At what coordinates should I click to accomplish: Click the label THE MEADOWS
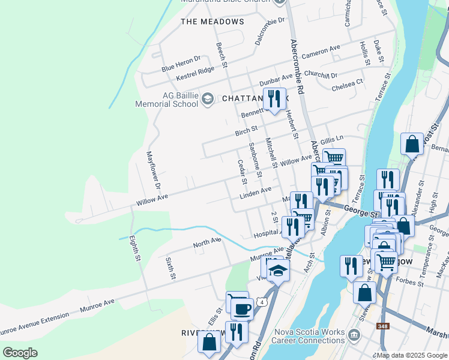[x=212, y=22]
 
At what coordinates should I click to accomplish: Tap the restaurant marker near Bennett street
[x=274, y=99]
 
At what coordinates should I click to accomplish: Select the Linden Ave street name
[x=256, y=194]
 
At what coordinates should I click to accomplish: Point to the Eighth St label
[x=137, y=248]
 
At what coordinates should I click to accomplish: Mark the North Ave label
[x=207, y=243]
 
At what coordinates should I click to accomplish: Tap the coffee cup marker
[x=242, y=308]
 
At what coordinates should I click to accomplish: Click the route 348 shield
[x=382, y=326]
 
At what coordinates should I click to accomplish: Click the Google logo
[x=19, y=353]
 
